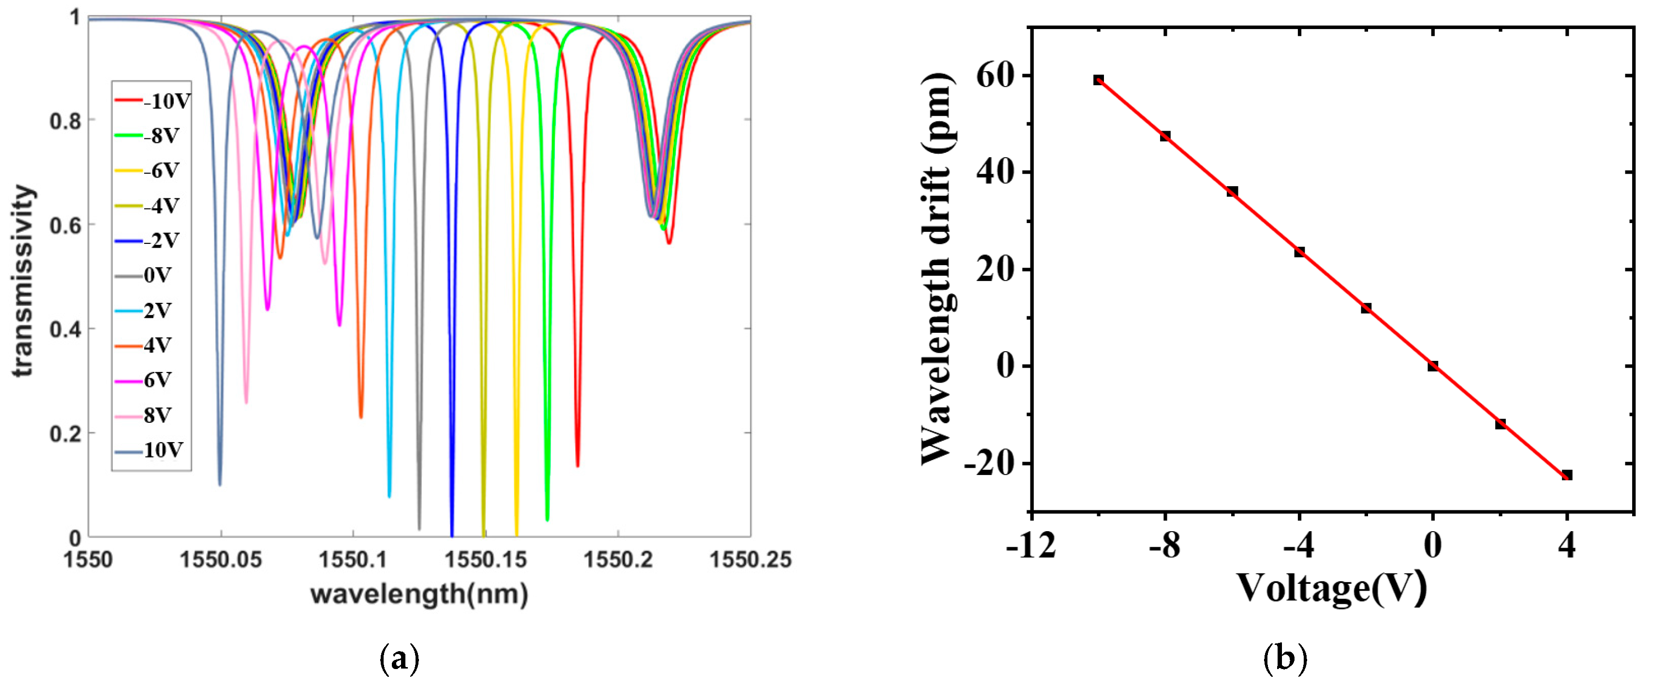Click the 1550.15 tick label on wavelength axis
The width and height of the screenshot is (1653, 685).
486,560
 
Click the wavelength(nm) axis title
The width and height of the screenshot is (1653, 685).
419,594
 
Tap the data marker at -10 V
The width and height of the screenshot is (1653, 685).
1099,80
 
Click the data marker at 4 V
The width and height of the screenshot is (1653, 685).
1567,475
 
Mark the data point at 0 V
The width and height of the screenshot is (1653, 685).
1433,366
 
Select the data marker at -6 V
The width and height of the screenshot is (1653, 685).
1232,191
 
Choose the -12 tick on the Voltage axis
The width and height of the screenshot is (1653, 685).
1030,546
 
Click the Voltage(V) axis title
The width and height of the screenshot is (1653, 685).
1331,587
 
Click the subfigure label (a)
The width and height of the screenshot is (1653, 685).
400,659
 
